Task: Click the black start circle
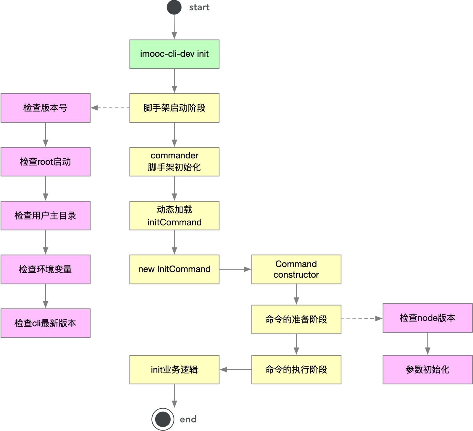point(174,7)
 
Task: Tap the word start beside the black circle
point(199,7)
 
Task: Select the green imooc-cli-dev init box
point(174,54)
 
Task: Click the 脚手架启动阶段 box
point(174,108)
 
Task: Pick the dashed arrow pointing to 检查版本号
point(110,108)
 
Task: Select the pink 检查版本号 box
point(46,108)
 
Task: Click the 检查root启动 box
point(46,162)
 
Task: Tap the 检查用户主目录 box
point(46,216)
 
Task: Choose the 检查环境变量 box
point(46,269)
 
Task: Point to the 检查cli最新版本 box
point(46,323)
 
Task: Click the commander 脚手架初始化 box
point(174,162)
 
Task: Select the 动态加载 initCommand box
point(174,216)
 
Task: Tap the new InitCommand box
point(174,269)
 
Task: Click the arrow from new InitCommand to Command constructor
point(235,269)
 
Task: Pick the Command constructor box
point(296,269)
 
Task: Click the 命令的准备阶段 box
point(296,319)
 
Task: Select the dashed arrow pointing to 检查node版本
point(362,318)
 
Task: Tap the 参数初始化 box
point(427,369)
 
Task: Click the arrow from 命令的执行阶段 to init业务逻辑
point(235,370)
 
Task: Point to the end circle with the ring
point(163,419)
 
